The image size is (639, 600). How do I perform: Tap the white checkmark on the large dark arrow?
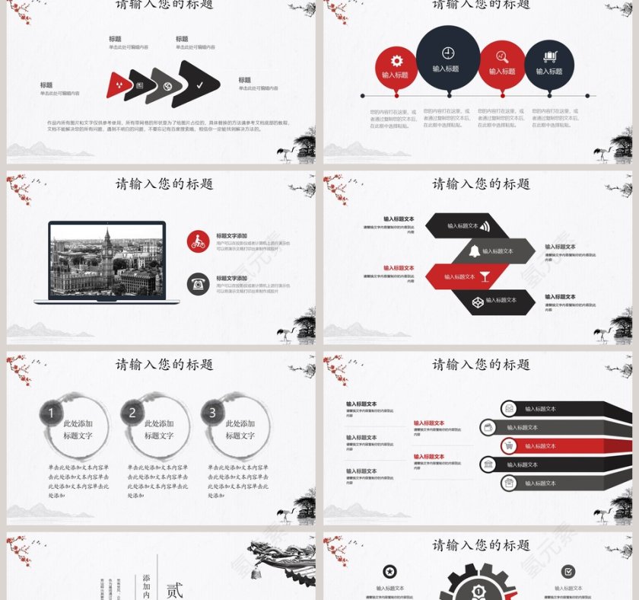199,85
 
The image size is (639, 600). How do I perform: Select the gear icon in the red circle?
396,61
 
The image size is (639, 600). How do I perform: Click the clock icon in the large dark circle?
448,53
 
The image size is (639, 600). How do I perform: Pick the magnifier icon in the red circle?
501,56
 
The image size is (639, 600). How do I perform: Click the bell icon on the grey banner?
474,251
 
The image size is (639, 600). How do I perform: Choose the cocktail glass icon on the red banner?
484,276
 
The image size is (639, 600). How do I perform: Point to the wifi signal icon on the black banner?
484,225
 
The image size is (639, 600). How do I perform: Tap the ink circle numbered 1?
50,413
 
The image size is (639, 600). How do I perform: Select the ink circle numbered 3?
212,413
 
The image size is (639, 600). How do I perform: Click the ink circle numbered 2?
132,413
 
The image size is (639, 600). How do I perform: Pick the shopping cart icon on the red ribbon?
509,445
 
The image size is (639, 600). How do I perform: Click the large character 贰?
175,589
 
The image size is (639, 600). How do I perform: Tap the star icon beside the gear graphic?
389,571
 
